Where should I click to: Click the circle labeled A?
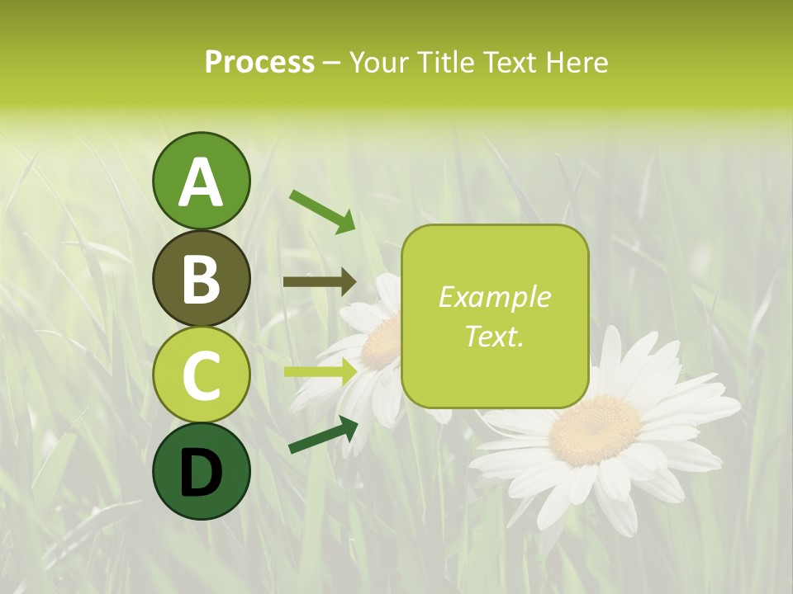click(x=201, y=181)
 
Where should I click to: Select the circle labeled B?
click(x=201, y=278)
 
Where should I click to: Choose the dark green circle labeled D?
click(x=201, y=471)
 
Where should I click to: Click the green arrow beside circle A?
click(x=323, y=210)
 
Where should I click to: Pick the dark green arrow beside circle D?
click(x=323, y=436)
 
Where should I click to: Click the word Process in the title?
click(x=259, y=63)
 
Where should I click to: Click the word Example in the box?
click(x=494, y=298)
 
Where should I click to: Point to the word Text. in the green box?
click(x=494, y=336)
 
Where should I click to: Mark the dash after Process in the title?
click(x=331, y=63)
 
